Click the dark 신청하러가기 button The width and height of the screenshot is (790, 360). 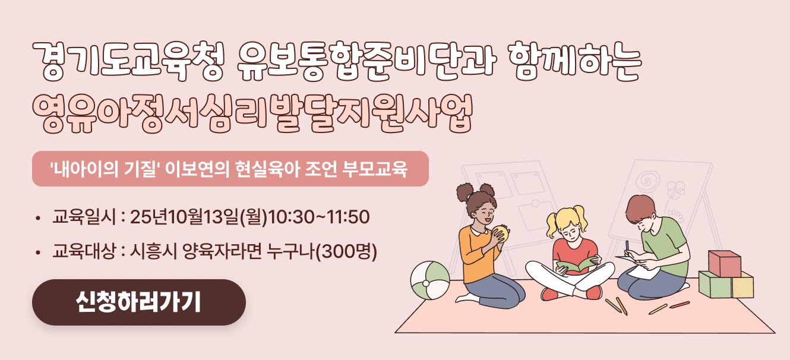click(139, 302)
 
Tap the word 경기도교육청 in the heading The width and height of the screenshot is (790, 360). click(128, 61)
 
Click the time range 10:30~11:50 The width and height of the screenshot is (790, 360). click(319, 216)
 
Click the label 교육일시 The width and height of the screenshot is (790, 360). click(84, 216)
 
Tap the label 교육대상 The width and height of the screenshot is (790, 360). click(84, 251)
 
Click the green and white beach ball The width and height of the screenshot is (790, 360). click(430, 280)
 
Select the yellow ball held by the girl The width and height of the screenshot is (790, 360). click(501, 233)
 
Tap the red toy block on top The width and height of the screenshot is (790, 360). click(725, 263)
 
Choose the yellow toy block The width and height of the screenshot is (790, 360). click(742, 285)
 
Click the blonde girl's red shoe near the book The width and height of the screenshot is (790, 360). click(549, 294)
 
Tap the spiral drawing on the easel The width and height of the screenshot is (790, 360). click(647, 181)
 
